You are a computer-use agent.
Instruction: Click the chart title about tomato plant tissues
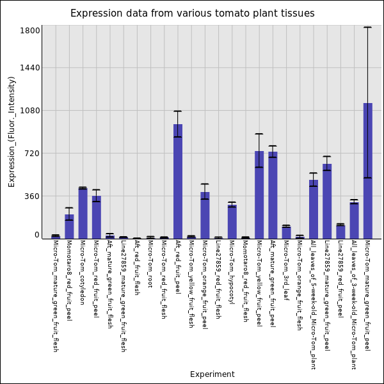[x=192, y=13]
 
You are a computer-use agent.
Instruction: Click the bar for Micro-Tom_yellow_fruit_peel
[x=259, y=195]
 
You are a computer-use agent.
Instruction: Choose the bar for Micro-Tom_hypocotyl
[x=232, y=221]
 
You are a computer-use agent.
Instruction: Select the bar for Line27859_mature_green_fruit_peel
[x=327, y=201]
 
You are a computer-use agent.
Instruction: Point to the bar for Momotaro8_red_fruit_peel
[x=69, y=227]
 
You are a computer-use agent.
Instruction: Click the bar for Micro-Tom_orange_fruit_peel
[x=205, y=215]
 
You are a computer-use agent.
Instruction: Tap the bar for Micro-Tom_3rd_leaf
[x=286, y=232]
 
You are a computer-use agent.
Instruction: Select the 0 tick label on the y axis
[x=37, y=235]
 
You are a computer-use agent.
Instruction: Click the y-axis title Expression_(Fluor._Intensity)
[x=12, y=131]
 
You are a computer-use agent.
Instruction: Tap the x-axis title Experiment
[x=212, y=374]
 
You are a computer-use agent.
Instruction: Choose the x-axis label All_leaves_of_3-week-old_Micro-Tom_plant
[x=354, y=305]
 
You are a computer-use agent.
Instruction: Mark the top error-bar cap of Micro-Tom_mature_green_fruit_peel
[x=368, y=28]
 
